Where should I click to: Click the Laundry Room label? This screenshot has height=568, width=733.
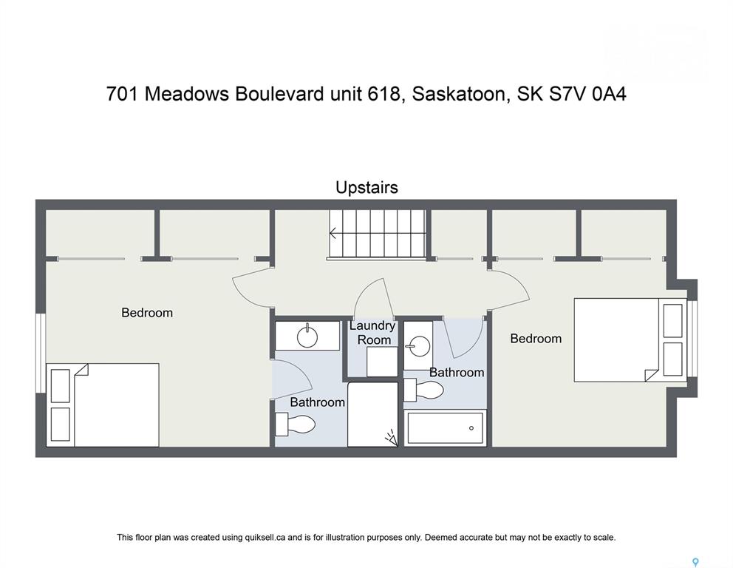(x=372, y=333)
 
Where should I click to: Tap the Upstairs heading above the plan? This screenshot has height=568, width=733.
(x=367, y=188)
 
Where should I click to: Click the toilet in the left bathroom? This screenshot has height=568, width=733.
(x=295, y=425)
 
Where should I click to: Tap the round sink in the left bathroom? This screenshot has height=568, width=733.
(x=307, y=336)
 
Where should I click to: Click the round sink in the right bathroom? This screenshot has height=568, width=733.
(x=419, y=346)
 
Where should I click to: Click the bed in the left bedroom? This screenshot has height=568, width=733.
(x=103, y=405)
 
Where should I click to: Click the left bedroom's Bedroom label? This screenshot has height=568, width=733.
(x=147, y=313)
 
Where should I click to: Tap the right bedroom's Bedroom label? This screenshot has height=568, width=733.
(x=536, y=338)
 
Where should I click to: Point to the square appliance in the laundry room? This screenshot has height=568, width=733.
(x=382, y=361)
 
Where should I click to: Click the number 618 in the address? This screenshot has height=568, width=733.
(x=383, y=94)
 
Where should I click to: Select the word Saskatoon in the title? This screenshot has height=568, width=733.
(x=457, y=94)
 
